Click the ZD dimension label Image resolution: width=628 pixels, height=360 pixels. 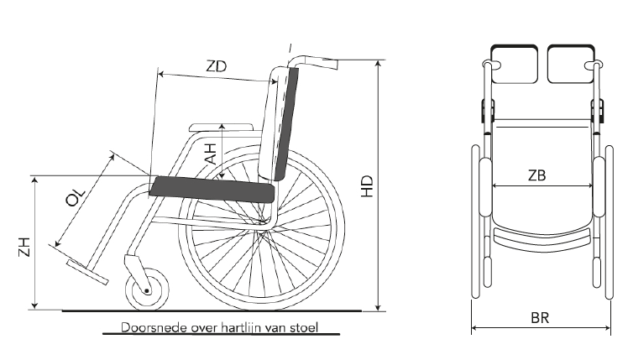coord(217,66)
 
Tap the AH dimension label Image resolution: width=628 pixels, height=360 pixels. coord(210,154)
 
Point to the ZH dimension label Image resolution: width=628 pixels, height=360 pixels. coord(25,247)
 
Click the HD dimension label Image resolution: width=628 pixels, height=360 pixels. coord(367,186)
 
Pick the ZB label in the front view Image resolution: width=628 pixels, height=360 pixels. coord(536,175)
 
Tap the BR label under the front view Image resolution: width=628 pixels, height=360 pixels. coord(540,318)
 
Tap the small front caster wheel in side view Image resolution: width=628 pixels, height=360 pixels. coord(147,290)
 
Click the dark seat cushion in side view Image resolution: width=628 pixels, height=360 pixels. coord(212,190)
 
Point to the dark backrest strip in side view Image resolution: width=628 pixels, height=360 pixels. coord(287,123)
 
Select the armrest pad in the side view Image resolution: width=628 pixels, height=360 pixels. coord(222,128)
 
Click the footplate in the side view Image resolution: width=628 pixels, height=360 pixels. coord(87,272)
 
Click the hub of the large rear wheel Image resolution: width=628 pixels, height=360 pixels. coord(263,222)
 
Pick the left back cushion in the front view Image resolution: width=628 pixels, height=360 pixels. coord(515,64)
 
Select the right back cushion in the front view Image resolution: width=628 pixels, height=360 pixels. coord(571,64)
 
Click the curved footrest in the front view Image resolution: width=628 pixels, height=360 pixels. coord(542,240)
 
